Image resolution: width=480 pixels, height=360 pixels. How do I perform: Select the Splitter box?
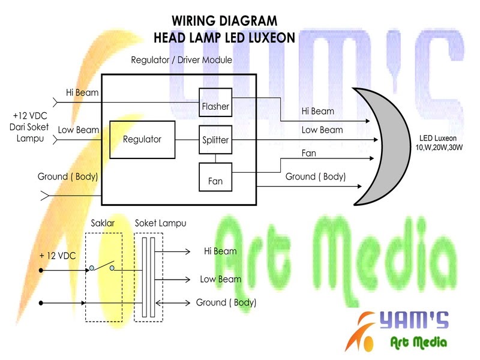coord(215,140)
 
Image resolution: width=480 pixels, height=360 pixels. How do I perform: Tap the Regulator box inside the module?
coord(142,139)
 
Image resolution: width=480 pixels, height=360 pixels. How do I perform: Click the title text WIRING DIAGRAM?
coord(224,20)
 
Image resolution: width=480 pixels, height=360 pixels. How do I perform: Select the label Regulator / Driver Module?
coord(181,61)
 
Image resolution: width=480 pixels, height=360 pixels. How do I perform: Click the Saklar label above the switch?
coord(103,223)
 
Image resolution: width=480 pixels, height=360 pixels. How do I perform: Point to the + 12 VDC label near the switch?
coord(59,256)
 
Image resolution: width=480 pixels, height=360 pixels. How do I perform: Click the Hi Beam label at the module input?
coord(82,92)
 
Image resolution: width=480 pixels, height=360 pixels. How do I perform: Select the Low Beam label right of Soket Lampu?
coord(221,279)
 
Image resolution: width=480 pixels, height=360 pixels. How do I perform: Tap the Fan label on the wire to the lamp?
coord(308,154)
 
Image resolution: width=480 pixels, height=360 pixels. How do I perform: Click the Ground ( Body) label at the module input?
coord(67,177)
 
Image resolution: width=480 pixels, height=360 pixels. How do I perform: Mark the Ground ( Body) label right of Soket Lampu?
coord(226,302)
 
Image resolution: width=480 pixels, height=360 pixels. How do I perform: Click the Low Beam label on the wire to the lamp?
coord(322,130)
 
